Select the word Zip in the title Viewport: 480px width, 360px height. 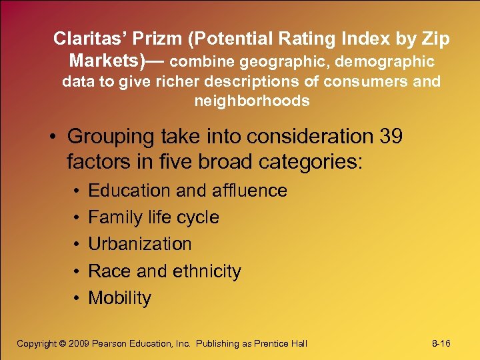coord(435,39)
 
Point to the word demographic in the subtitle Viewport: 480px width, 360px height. coord(385,62)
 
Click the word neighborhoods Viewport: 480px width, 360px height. coord(252,101)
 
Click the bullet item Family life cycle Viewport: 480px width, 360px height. coord(153,217)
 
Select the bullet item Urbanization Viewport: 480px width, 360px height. coord(140,244)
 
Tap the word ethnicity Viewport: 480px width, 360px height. coord(207,271)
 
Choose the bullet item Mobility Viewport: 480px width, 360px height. coord(120,298)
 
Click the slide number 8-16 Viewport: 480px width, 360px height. coord(441,343)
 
